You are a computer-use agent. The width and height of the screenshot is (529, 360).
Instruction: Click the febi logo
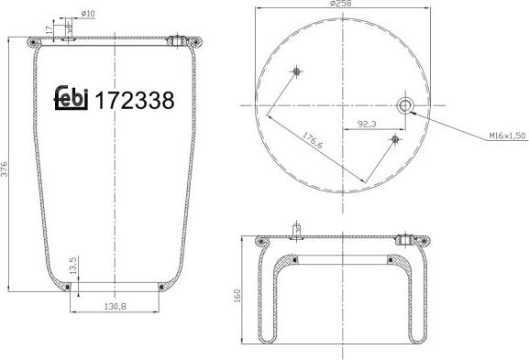pyautogui.click(x=72, y=98)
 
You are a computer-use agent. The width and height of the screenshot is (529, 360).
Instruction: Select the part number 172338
pyautogui.click(x=134, y=100)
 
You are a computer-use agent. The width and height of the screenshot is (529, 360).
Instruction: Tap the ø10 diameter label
pyautogui.click(x=89, y=13)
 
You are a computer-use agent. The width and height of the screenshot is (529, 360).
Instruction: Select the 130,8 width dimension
pyautogui.click(x=116, y=308)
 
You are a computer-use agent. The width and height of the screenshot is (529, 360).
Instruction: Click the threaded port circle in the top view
pyautogui.click(x=405, y=106)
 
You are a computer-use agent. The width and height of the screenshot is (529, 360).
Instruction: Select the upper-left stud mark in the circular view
pyautogui.click(x=297, y=71)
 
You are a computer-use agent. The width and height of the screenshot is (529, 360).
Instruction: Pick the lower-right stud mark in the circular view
pyautogui.click(x=394, y=139)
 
